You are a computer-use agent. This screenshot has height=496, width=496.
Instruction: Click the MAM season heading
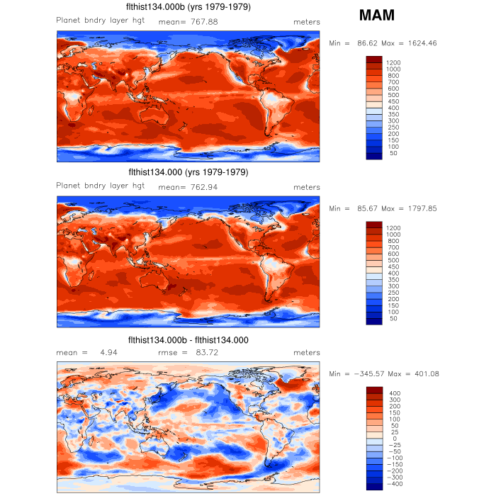tap(377, 15)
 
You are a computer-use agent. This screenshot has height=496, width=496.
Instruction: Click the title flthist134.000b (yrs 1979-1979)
tap(188, 7)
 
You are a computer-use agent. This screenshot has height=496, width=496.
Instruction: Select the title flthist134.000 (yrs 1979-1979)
tap(188, 172)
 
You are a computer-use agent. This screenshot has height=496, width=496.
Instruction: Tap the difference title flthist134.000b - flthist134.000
tap(188, 340)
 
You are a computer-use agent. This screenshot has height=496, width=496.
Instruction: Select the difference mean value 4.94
tap(108, 352)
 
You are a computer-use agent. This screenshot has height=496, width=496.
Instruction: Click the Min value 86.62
tap(366, 43)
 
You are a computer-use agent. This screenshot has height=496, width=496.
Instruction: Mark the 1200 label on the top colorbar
tap(394, 63)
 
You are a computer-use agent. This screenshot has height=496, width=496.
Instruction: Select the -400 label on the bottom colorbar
tap(395, 484)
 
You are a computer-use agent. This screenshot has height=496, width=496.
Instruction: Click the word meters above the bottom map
tap(307, 352)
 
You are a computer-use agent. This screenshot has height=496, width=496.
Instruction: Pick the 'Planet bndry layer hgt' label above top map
tap(101, 20)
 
